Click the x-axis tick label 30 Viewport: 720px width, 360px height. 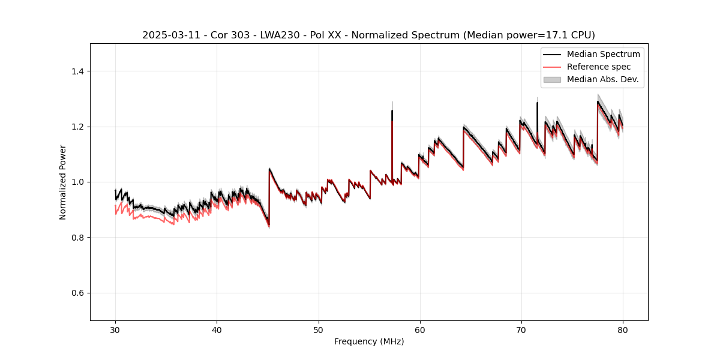[115, 329]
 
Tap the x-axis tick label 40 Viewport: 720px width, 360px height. [217, 329]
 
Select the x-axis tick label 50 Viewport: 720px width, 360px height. [319, 329]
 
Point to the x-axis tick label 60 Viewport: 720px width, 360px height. [420, 329]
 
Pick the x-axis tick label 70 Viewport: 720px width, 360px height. [521, 329]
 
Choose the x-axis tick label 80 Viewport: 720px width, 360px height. [623, 329]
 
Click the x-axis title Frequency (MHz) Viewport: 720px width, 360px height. [369, 341]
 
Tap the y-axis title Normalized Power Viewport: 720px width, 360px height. [63, 182]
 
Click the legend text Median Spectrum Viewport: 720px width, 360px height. [603, 54]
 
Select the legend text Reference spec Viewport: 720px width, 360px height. [599, 67]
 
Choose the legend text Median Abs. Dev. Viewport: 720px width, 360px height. [602, 79]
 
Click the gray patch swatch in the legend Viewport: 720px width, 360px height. [552, 79]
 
